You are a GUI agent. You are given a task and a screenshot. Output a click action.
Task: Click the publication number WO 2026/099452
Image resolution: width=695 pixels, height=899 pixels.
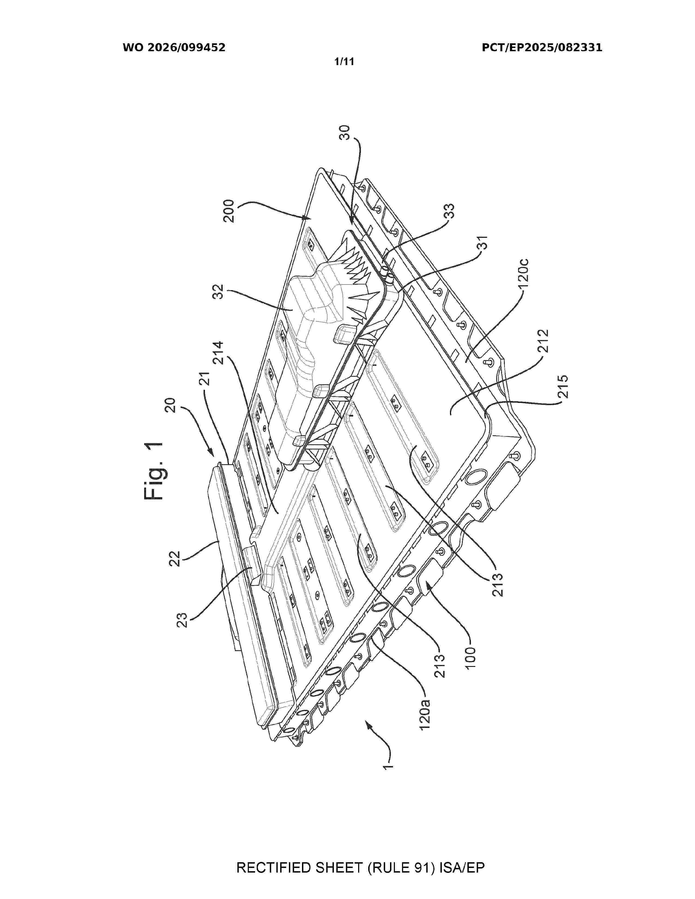[x=174, y=48]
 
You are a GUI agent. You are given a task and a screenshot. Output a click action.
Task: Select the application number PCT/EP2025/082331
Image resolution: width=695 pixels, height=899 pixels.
[x=542, y=48]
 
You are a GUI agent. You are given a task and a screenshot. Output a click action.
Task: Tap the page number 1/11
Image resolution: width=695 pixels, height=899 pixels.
[x=344, y=62]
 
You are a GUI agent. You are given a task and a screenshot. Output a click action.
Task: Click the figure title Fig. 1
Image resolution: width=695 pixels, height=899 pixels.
[x=154, y=470]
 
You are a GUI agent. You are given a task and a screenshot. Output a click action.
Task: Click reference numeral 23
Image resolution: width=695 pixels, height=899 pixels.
[x=182, y=620]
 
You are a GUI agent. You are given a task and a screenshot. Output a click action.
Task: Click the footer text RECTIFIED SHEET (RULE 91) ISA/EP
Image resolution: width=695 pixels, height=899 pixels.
[x=360, y=868]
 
